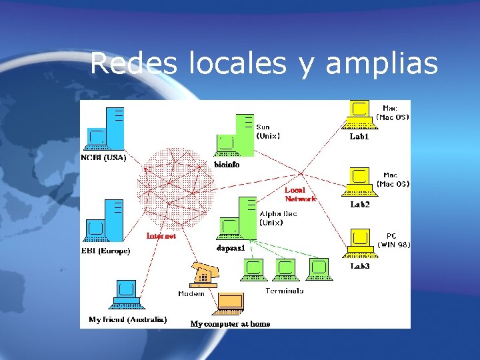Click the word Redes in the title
point(133,63)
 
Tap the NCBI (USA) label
point(103,158)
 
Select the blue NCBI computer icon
point(105,129)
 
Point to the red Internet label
point(161,236)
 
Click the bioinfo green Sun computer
point(235,136)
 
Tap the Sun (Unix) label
point(268,131)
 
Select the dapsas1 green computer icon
point(237,218)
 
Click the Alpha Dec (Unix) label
point(278,218)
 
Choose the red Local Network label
point(300,194)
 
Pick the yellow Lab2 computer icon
point(359,182)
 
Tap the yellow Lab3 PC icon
point(360,243)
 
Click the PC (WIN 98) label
point(393,240)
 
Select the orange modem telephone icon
point(205,275)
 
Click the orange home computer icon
point(230,304)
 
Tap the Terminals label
point(284,291)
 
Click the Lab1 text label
point(359,137)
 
